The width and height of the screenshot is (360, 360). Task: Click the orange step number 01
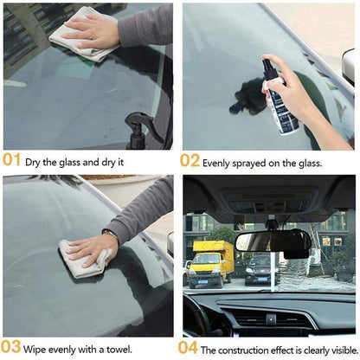pyautogui.click(x=12, y=159)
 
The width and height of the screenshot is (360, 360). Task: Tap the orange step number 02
pyautogui.click(x=190, y=159)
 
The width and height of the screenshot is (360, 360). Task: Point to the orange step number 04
pyautogui.click(x=190, y=349)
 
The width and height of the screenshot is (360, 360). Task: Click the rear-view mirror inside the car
pyautogui.click(x=273, y=241)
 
